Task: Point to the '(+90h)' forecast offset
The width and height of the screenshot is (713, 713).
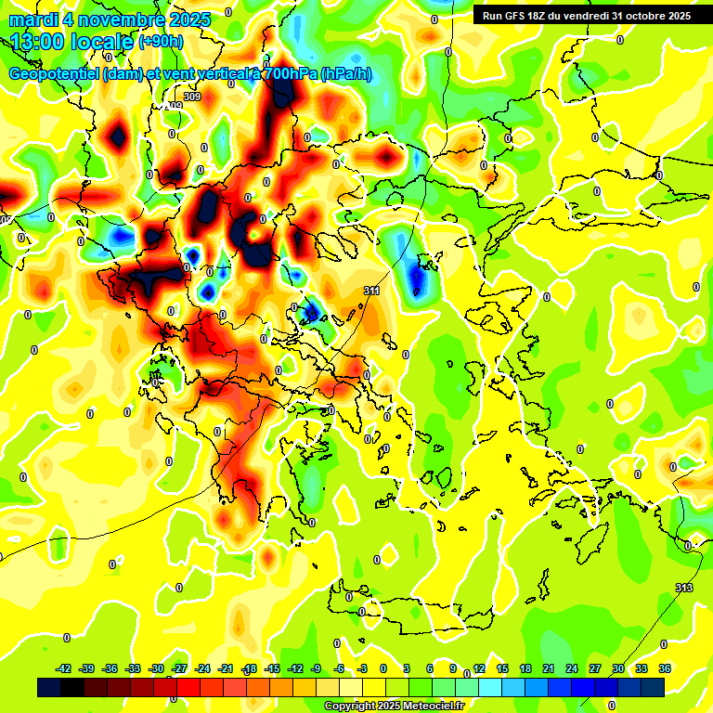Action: [161, 42]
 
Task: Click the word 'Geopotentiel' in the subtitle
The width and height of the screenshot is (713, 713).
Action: [52, 74]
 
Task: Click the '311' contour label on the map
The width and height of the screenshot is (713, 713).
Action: [371, 291]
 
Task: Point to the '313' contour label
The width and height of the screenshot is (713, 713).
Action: [684, 588]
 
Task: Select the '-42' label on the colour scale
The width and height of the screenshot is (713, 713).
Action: [64, 668]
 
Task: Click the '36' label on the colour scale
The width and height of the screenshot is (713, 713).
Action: [665, 668]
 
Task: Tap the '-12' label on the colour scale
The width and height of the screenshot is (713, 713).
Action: [296, 668]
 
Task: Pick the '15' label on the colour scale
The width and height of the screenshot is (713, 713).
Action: [502, 668]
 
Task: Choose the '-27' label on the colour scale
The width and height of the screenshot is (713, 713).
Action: [180, 668]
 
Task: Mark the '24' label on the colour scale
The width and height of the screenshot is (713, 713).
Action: [572, 668]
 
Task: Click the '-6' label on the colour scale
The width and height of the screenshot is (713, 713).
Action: [340, 668]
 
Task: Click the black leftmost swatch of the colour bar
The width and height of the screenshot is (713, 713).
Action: [49, 687]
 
